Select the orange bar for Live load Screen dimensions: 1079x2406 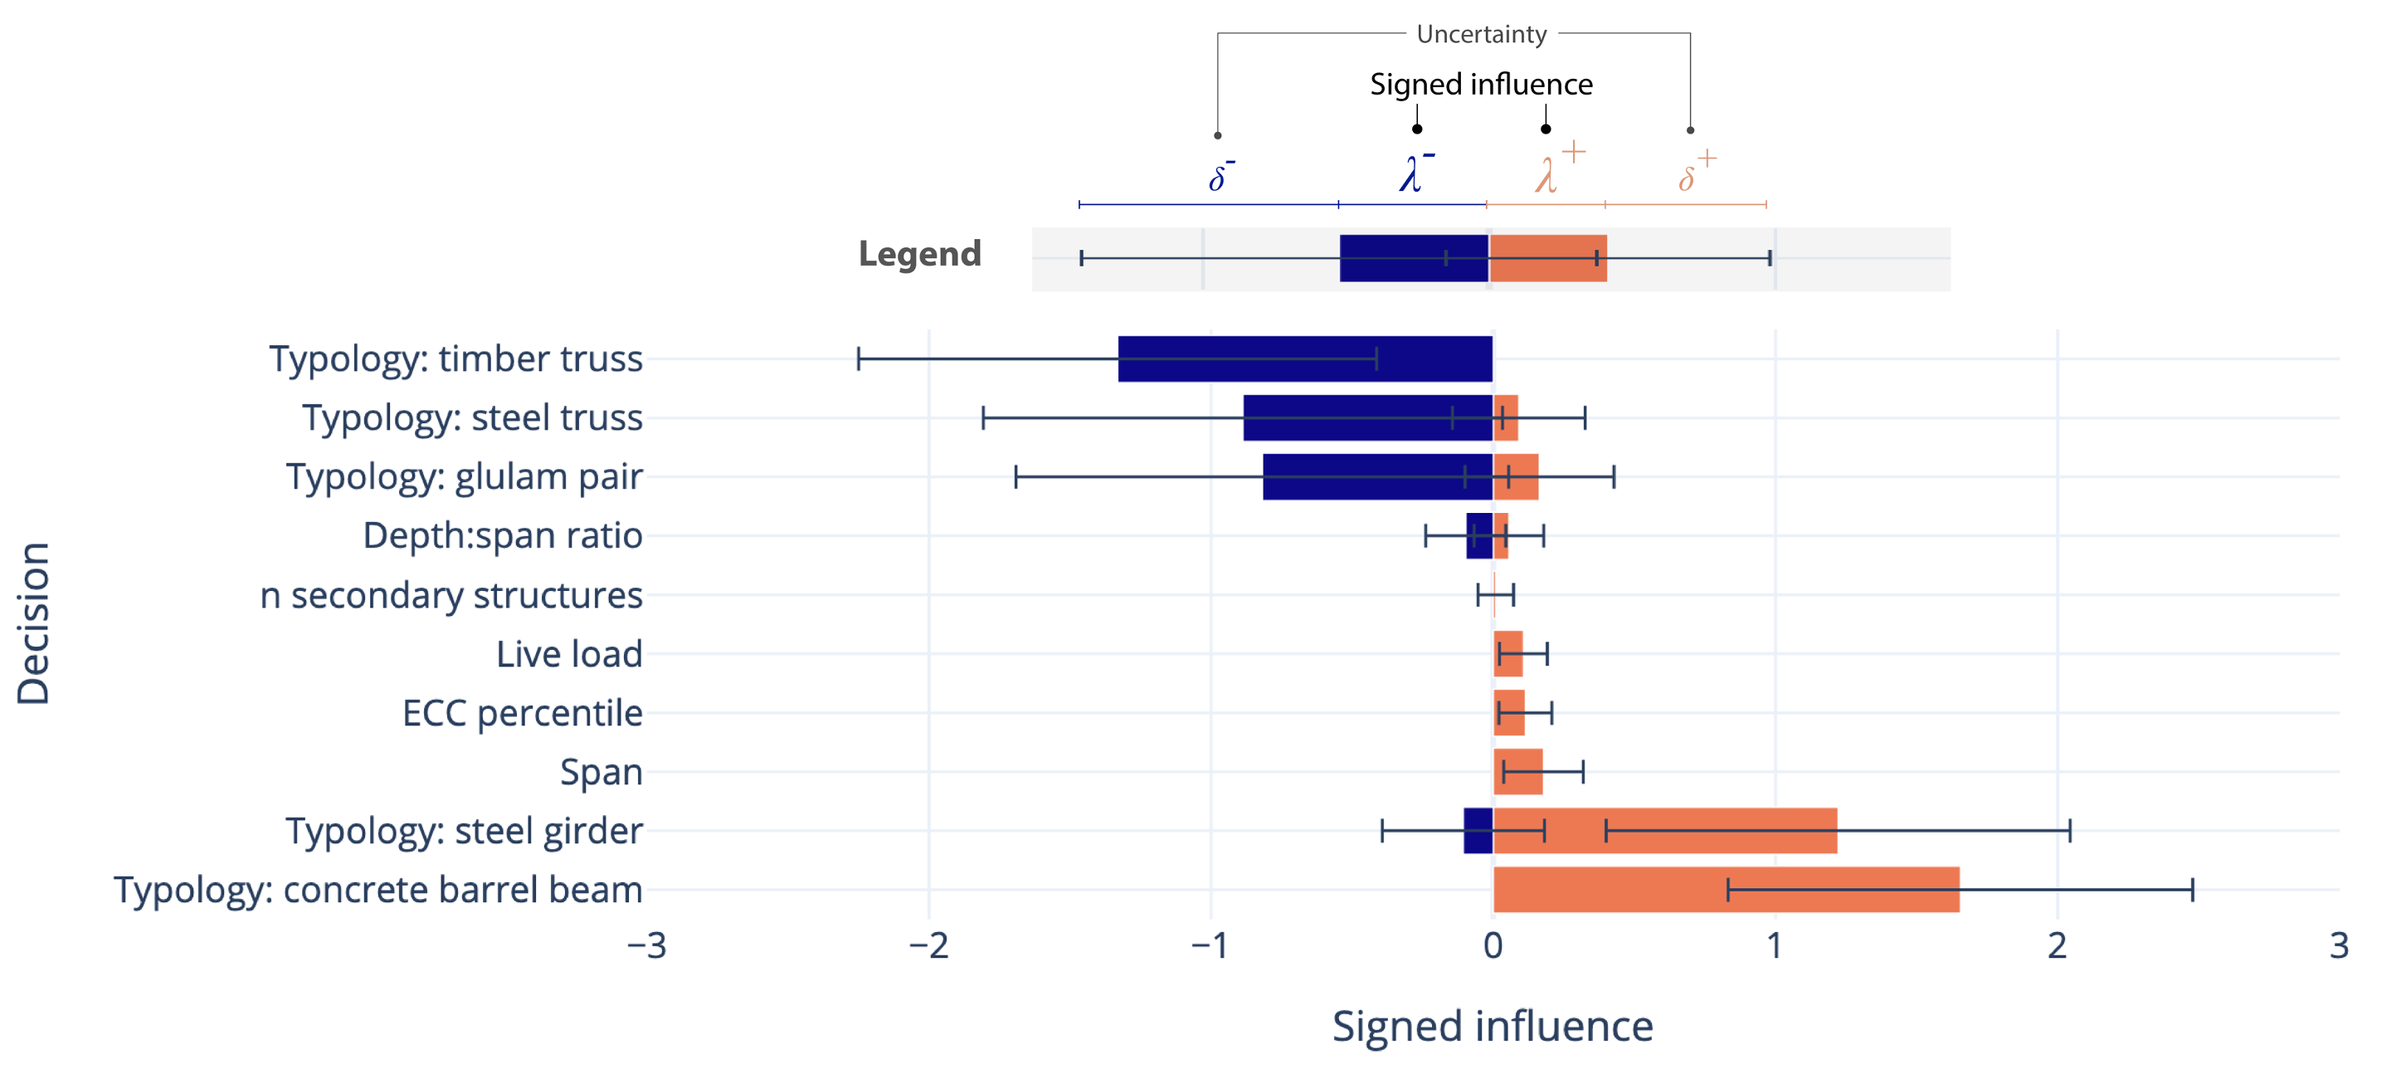[1507, 654]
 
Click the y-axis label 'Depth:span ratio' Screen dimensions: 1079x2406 [503, 535]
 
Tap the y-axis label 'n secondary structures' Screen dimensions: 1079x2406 [451, 595]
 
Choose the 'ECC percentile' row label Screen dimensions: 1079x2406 [522, 713]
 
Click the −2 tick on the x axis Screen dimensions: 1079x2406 [928, 945]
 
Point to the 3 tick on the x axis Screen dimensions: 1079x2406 [2339, 945]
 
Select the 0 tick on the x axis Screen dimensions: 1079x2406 [1493, 945]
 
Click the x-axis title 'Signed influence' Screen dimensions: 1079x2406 [1493, 1026]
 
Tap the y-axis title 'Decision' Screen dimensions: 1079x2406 [34, 623]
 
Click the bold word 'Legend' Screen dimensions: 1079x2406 [919, 254]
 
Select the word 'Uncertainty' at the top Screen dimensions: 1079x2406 [1481, 35]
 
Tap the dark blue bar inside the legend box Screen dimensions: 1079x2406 [1413, 258]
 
